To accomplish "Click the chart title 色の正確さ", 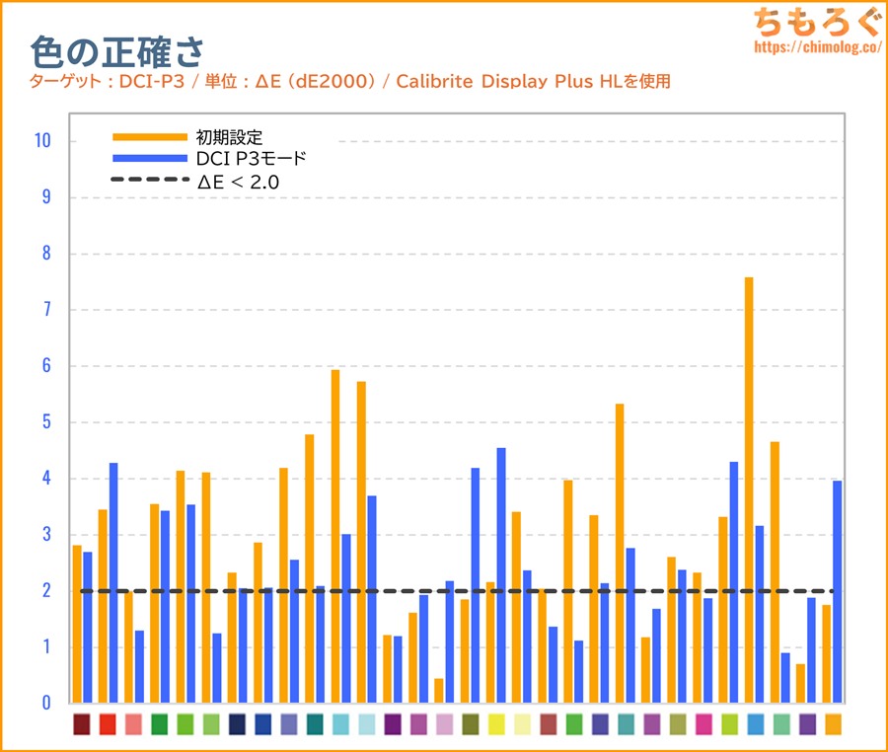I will coord(116,51).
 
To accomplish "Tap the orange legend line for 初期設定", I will coord(149,137).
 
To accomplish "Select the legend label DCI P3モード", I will coord(252,159).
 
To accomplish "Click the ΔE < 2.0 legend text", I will coord(238,181).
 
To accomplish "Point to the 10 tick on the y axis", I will coord(41,141).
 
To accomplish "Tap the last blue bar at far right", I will coord(837,591).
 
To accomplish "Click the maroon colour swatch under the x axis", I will coord(82,724).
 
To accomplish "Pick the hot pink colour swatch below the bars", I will coord(703,724).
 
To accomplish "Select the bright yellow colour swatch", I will coord(496,724).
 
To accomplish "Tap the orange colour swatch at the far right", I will coord(833,724).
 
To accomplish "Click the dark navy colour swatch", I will coord(237,724).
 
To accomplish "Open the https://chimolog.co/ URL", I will coord(816,46).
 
